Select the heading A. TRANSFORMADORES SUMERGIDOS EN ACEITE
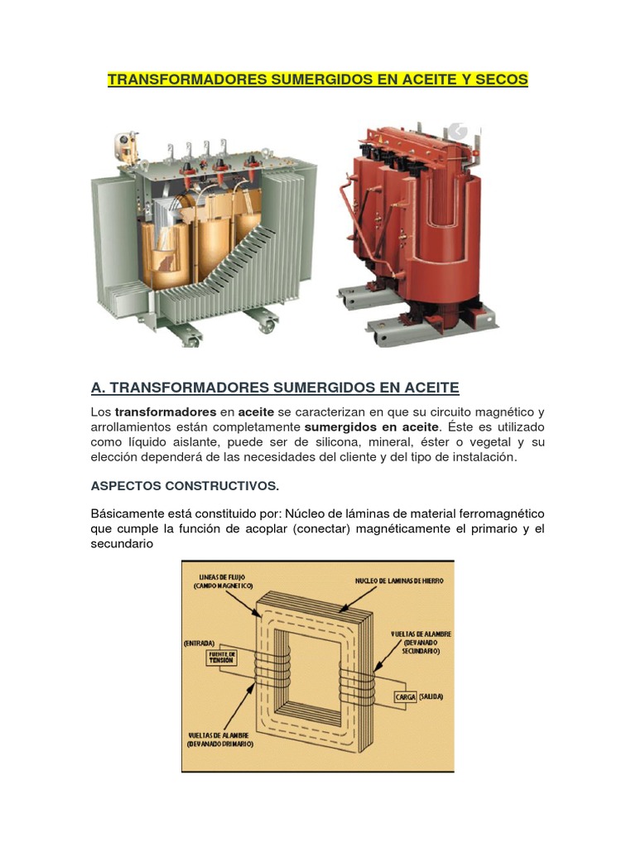(x=275, y=388)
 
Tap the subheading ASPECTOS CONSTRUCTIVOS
(x=185, y=485)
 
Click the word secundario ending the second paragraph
(x=122, y=543)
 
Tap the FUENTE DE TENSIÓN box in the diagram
(x=223, y=658)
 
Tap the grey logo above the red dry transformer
(x=457, y=131)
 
